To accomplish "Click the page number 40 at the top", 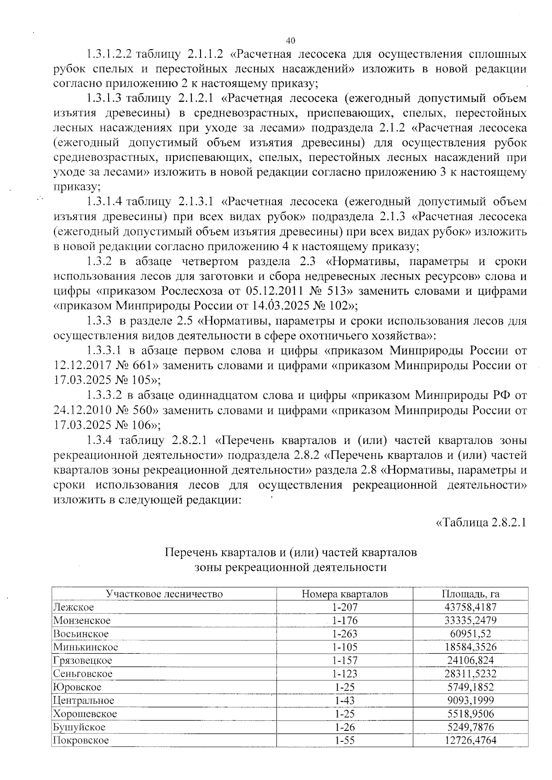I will tap(290, 40).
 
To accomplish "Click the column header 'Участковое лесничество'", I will tap(164, 594).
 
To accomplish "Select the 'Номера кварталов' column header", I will tap(345, 594).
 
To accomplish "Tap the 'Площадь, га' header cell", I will tap(471, 594).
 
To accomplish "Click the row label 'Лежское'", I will tap(74, 607).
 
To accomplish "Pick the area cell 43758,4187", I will tap(471, 607).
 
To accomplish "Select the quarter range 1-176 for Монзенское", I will tap(345, 621).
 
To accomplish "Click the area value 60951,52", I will tap(471, 634).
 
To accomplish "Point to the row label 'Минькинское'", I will tap(86, 647).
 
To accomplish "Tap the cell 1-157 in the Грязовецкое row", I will tap(345, 660).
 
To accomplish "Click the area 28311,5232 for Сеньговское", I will tap(471, 674).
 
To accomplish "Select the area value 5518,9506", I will tap(471, 714).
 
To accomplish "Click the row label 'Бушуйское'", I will tap(79, 727).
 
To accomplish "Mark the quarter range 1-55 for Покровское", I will tap(345, 740).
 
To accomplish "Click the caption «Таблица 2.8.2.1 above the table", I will tap(480, 523).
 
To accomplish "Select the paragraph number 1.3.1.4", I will tap(104, 202).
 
